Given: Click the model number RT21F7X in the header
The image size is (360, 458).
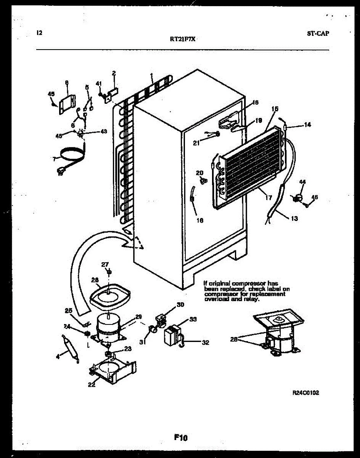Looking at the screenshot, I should (x=183, y=38).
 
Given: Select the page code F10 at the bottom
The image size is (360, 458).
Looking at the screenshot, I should (x=181, y=438).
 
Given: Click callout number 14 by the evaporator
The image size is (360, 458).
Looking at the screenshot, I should (x=307, y=125).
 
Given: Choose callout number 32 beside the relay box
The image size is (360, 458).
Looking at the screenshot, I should (x=205, y=342).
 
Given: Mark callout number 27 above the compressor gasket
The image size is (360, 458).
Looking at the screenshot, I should (x=105, y=264).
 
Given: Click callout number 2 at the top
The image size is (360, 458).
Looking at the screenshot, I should (x=114, y=73).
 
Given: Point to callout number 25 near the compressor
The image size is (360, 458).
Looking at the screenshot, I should (x=68, y=310).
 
